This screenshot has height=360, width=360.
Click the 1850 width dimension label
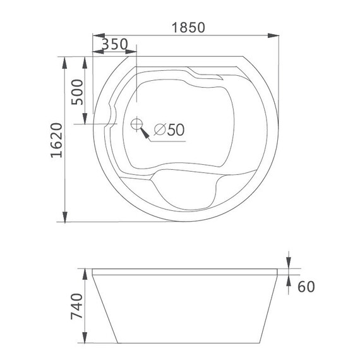pos(188,28)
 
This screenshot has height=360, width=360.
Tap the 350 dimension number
pos(115,45)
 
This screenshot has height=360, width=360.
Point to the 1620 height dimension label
pos(56,144)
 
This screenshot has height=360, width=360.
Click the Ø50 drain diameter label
pos(168,129)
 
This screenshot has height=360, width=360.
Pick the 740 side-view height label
pos(75,308)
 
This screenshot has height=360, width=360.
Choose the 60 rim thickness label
pos(306,287)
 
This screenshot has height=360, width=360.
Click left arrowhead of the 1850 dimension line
pos(95,35)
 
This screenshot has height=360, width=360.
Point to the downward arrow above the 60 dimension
pos(288,264)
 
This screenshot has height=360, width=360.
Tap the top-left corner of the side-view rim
pos(92,269)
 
